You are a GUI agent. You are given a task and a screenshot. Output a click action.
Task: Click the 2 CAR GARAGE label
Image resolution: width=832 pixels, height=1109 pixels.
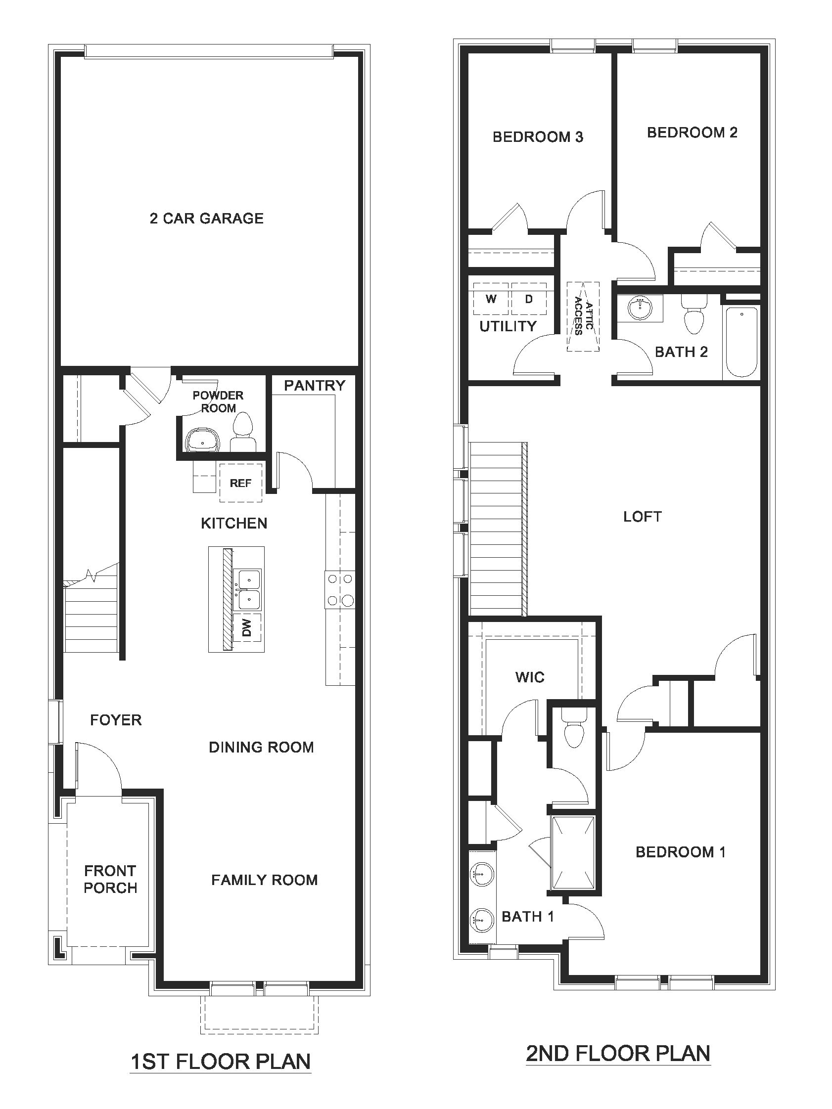[206, 218]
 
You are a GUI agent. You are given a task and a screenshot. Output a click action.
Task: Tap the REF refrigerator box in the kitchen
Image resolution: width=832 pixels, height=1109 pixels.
[240, 483]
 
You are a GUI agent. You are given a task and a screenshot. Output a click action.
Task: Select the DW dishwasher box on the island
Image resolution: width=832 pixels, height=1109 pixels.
[247, 627]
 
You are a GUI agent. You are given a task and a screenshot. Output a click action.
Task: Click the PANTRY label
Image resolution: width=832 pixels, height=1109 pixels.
[315, 386]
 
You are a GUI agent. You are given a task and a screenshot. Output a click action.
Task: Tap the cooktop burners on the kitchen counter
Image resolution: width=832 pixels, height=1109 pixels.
[340, 589]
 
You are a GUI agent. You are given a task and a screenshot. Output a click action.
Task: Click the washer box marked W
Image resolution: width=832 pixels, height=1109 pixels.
[491, 299]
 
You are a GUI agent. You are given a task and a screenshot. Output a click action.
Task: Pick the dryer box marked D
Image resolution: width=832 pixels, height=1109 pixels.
[528, 299]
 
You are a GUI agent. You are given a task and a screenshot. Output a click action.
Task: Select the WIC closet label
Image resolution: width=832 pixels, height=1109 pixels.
[530, 677]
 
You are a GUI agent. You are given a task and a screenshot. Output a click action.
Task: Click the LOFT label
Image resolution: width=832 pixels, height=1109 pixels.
[643, 516]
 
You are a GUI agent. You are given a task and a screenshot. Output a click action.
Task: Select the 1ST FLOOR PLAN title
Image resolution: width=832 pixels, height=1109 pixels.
[221, 1062]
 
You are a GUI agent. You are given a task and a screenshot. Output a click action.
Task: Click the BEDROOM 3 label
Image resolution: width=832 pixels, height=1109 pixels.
[538, 137]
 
